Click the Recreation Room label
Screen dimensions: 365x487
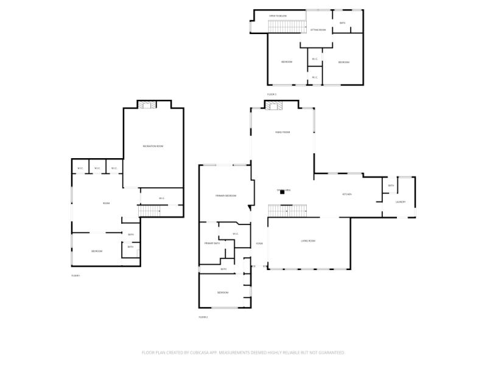coord(153,147)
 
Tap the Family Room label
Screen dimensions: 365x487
coord(282,132)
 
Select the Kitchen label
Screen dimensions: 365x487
coord(347,194)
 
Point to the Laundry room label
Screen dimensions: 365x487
coord(401,202)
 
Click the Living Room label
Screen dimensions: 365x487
coord(308,241)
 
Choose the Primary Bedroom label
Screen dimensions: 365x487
coord(225,196)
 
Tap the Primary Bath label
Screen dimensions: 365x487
coord(212,243)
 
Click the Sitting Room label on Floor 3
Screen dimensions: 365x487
coord(318,30)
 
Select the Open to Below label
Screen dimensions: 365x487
coord(278,16)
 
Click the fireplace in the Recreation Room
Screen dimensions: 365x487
coord(146,105)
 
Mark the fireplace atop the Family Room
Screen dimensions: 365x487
coord(273,106)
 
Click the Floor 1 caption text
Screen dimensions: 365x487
coord(75,276)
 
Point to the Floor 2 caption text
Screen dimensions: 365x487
coord(203,317)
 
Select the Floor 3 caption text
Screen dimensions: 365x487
coord(272,94)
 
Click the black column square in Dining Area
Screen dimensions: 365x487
coord(282,193)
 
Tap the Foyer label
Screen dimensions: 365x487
coord(259,244)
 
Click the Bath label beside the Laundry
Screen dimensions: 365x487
coord(391,186)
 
